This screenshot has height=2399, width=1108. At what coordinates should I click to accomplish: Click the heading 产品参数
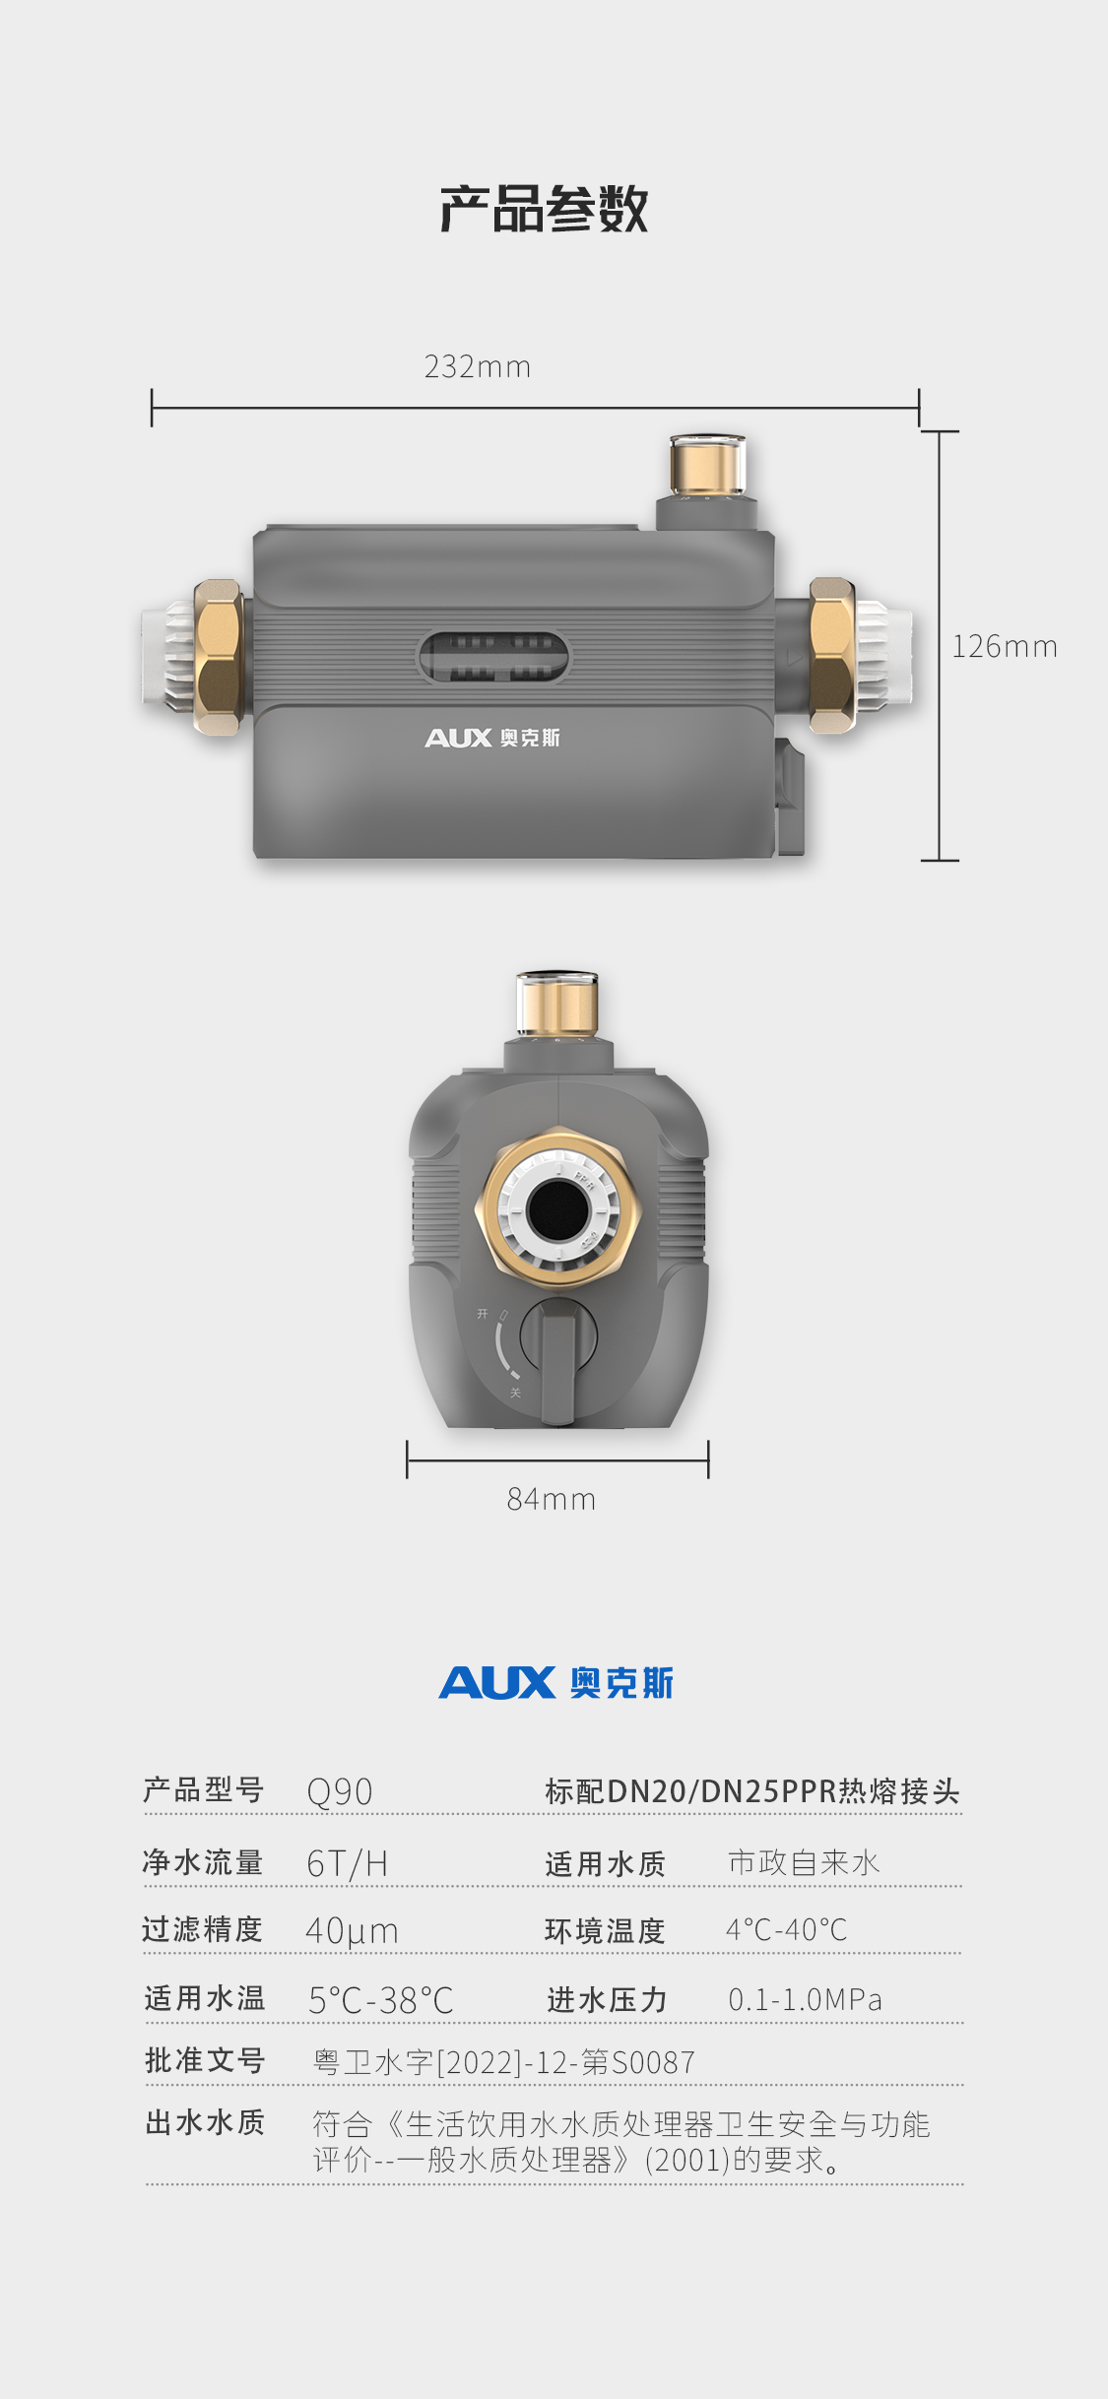pos(544,209)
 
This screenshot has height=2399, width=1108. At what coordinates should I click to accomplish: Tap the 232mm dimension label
pos(478,366)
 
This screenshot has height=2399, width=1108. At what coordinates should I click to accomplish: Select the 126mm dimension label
pos(1005,646)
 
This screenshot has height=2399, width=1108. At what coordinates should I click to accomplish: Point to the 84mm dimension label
pos(552,1499)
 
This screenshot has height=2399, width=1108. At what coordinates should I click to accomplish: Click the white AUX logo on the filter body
pos(492,738)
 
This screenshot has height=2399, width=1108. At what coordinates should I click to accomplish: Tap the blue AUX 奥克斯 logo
pos(556,1683)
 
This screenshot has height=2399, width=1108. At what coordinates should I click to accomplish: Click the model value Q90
pos(340,1791)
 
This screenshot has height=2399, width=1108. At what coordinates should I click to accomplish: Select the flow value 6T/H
pos(347,1863)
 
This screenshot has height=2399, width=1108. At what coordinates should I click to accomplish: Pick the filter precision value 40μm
pos(352,1931)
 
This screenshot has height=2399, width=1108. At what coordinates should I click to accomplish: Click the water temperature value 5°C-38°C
pos(380,2000)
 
